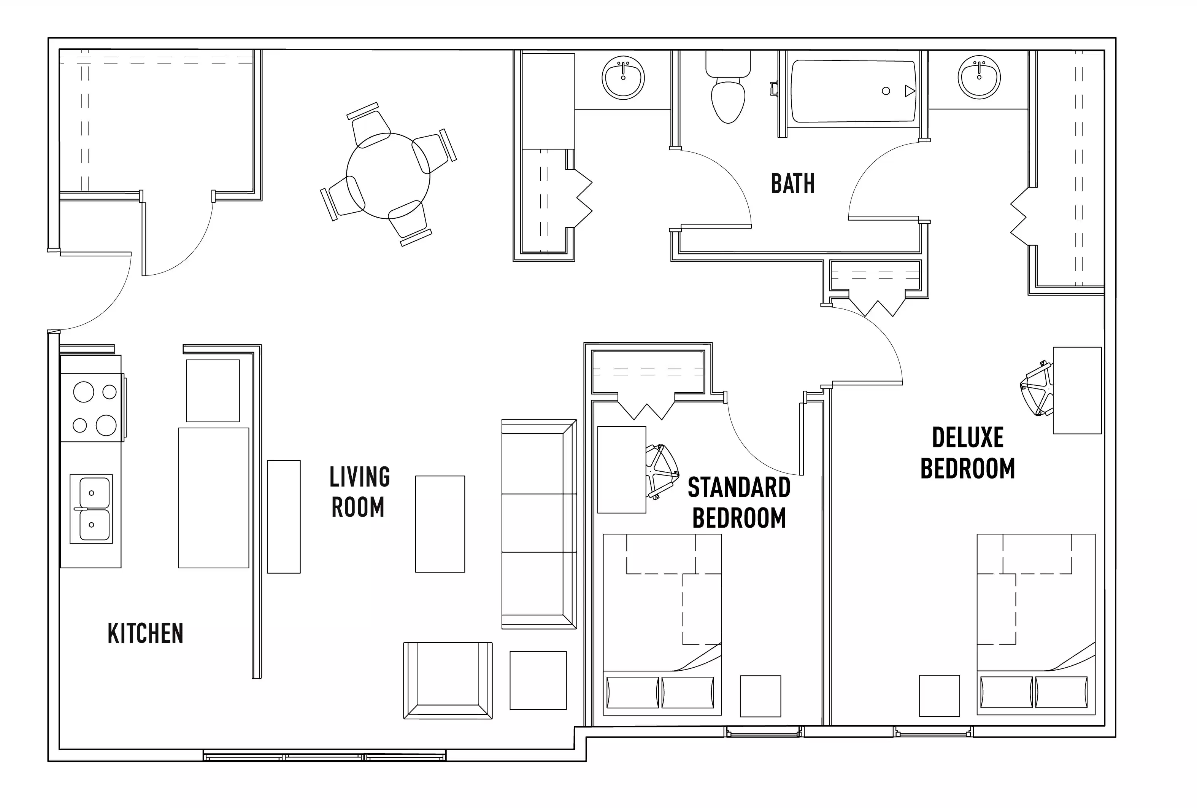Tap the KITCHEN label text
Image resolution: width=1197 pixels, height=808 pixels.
(x=145, y=633)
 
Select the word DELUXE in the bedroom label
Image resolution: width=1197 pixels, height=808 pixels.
(x=967, y=437)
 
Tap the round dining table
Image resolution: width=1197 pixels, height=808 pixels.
(x=388, y=176)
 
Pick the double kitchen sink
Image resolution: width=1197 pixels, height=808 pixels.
(x=92, y=509)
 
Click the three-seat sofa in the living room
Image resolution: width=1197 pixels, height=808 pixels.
(x=539, y=523)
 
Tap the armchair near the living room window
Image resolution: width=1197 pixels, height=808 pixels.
(x=448, y=680)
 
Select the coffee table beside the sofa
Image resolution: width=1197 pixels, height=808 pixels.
(x=440, y=523)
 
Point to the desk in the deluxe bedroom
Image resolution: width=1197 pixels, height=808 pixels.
(x=1076, y=390)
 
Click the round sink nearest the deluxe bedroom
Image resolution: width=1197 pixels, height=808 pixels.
(x=979, y=77)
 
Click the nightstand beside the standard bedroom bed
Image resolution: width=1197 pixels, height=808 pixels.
(x=760, y=696)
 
